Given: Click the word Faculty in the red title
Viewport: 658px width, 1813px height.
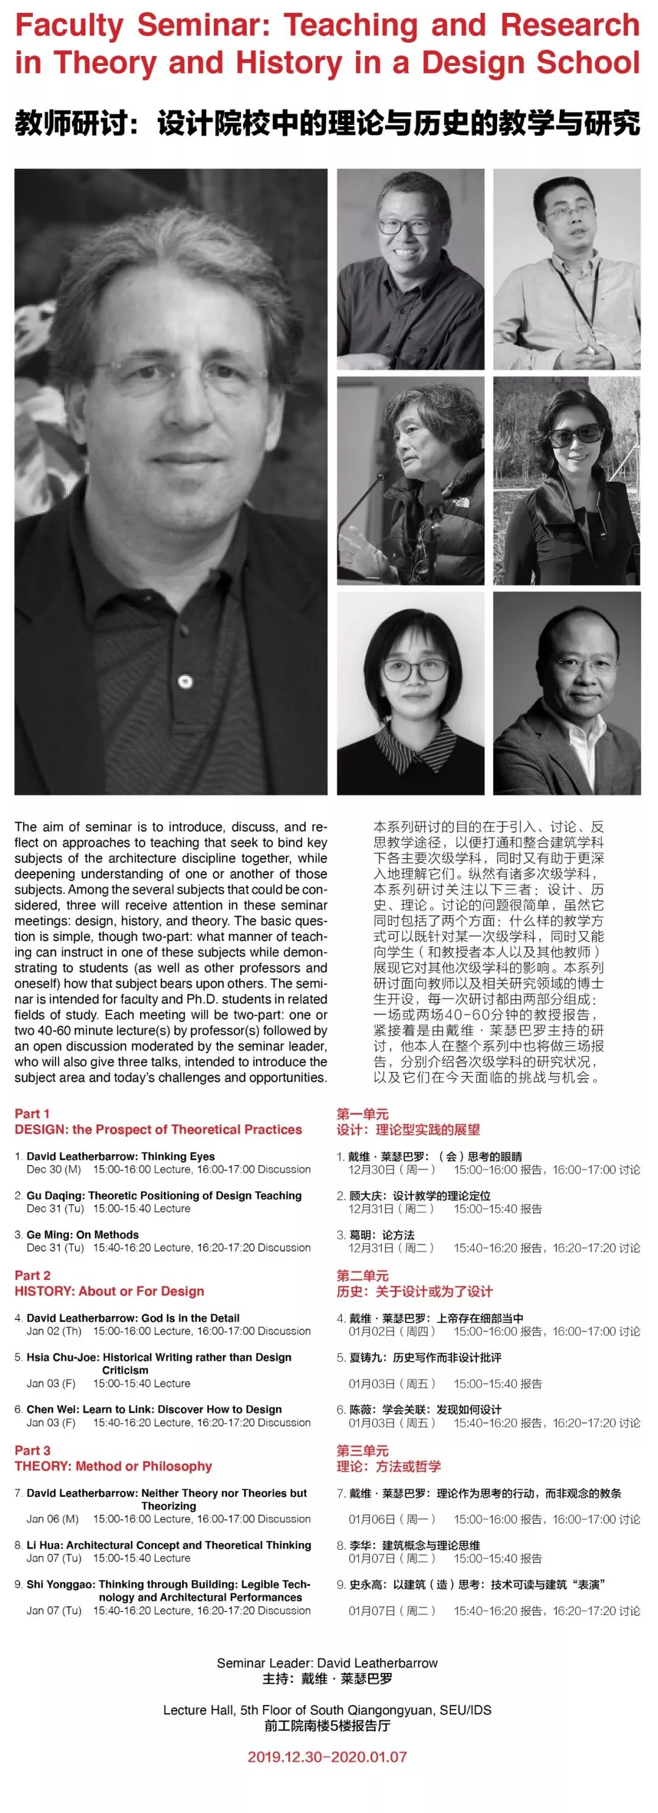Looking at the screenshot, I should (x=69, y=27).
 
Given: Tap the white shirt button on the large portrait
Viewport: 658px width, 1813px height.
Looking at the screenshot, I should (x=185, y=681).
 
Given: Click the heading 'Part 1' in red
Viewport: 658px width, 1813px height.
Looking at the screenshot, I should (x=32, y=1113).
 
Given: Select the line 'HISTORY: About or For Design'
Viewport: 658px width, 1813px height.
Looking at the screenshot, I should (x=109, y=1291).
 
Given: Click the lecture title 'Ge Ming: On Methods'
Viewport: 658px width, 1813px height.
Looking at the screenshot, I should (x=82, y=1235).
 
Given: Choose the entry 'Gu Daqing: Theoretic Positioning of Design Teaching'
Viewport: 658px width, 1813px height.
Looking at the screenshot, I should (x=164, y=1195).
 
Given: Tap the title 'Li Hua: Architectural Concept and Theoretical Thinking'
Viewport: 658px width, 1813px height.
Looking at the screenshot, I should (x=169, y=1545).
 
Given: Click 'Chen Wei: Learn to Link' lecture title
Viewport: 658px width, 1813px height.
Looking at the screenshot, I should (x=154, y=1409).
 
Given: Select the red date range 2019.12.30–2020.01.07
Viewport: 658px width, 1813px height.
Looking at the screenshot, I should (x=327, y=1757).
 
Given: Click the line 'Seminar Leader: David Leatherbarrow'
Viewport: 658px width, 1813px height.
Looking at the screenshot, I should (x=327, y=1663).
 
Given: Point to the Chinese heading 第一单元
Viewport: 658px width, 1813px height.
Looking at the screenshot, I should (x=363, y=1113).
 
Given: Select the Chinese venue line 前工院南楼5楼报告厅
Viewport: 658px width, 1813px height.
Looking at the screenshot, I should (x=327, y=1726).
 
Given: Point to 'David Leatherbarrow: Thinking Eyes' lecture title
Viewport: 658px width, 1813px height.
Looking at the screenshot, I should (x=121, y=1156).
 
